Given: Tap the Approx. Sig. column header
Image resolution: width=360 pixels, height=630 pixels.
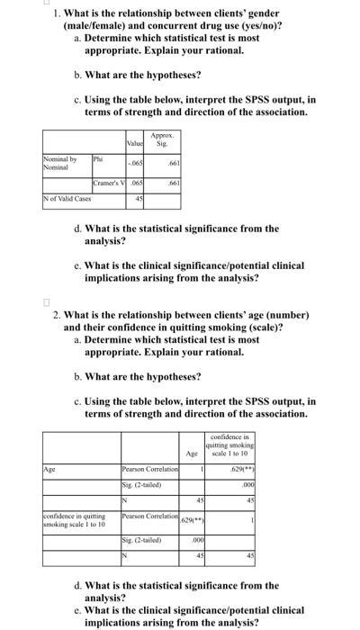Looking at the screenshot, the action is [163, 141].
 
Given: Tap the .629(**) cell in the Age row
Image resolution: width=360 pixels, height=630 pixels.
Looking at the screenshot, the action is [241, 470].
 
